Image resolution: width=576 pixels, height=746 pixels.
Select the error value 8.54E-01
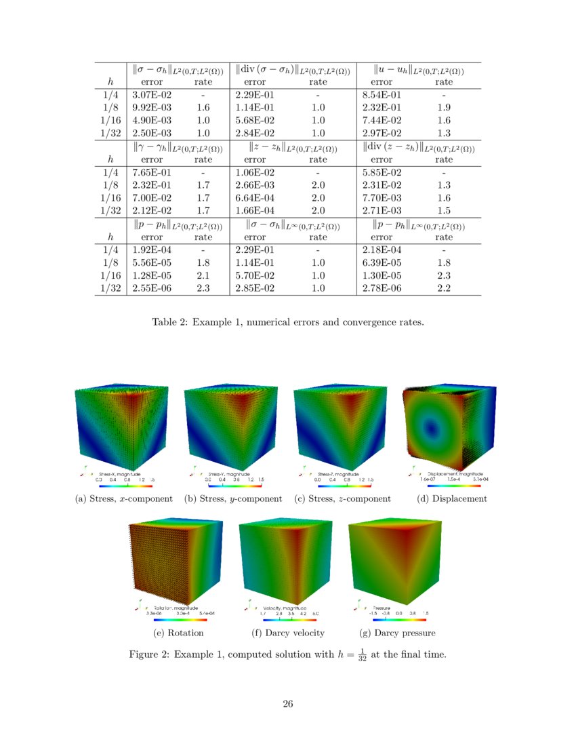coord(382,95)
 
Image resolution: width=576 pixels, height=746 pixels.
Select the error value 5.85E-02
coord(382,173)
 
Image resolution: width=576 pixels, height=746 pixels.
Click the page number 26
coord(288,703)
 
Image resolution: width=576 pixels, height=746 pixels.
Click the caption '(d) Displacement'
coord(452,499)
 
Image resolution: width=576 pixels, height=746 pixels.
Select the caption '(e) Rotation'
coord(179,633)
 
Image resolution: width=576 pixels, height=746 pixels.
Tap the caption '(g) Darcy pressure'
coord(397,633)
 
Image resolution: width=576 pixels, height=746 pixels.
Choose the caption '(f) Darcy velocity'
coord(287,633)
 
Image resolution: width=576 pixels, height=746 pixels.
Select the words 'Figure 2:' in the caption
coord(150,655)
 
